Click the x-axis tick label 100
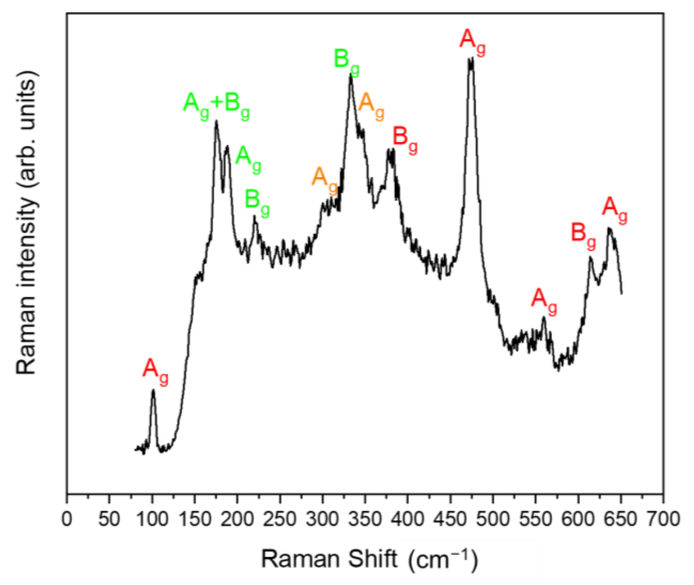click(x=152, y=520)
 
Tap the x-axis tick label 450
click(x=450, y=520)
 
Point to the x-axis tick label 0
click(x=67, y=520)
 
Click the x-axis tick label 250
click(x=280, y=520)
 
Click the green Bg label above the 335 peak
click(x=346, y=61)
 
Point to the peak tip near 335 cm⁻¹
click(x=351, y=76)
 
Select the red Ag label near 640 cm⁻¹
click(x=615, y=208)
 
